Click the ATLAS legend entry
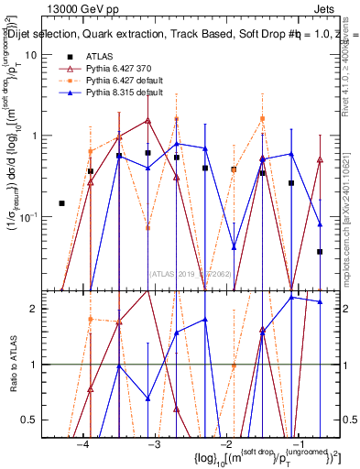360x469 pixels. pyautogui.click(x=99, y=57)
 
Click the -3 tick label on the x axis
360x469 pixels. pyautogui.click(x=155, y=443)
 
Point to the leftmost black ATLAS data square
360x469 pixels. pyautogui.click(x=61, y=203)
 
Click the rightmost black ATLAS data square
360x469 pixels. pyautogui.click(x=320, y=251)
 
